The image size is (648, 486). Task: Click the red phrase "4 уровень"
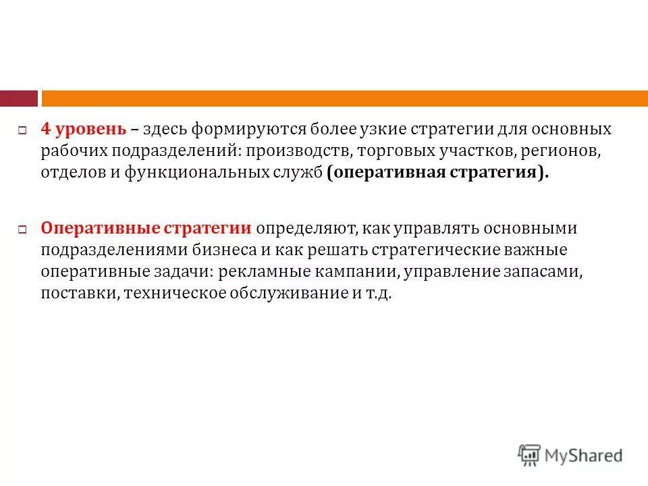point(82,129)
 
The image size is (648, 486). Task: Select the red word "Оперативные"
point(92,228)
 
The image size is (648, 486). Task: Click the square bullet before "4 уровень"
point(22,130)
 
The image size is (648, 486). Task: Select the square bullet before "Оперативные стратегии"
point(22,230)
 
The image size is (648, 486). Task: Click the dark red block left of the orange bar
point(18,99)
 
